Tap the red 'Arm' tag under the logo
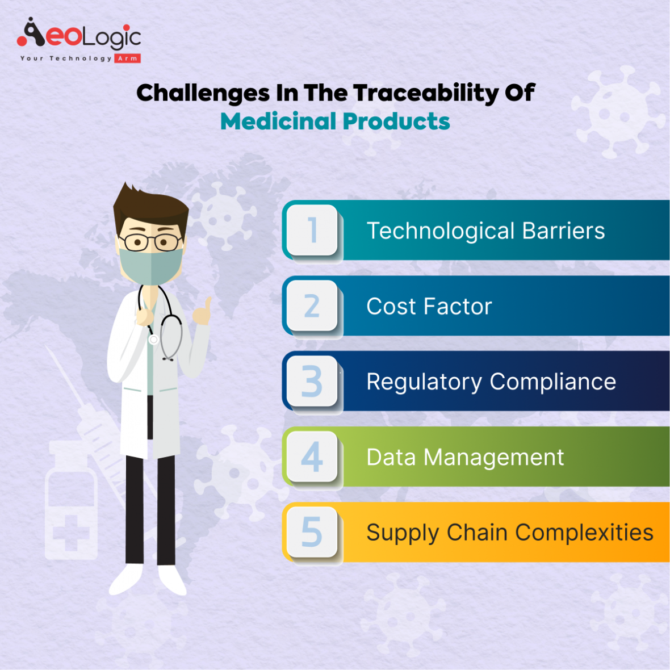click(128, 58)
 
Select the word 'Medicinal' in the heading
click(278, 122)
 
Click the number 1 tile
click(312, 231)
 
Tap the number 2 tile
click(312, 306)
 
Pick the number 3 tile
click(312, 381)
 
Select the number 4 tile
click(312, 457)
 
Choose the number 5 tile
click(312, 532)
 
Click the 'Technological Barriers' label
click(485, 231)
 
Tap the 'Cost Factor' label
click(429, 307)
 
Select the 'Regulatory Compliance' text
click(491, 382)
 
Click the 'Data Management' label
click(465, 458)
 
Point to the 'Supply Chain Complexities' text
click(509, 533)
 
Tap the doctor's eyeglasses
click(151, 242)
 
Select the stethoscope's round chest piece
click(153, 340)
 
